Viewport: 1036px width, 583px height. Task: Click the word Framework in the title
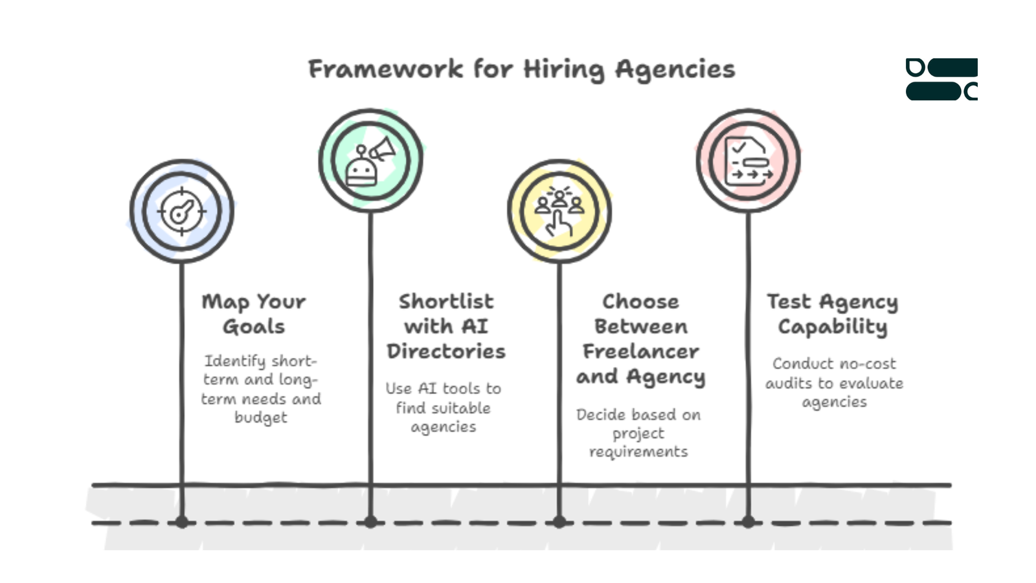pyautogui.click(x=386, y=69)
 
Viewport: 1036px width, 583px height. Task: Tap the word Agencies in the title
pyautogui.click(x=675, y=71)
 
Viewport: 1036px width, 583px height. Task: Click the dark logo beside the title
pyautogui.click(x=941, y=79)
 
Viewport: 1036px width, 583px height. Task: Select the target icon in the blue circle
pyautogui.click(x=182, y=211)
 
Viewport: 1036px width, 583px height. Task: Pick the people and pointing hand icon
pyautogui.click(x=559, y=211)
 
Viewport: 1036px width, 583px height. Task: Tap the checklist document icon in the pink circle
pyautogui.click(x=749, y=161)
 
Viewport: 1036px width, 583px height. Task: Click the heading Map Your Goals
pyautogui.click(x=254, y=314)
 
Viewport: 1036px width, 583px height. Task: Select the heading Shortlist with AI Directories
pyautogui.click(x=446, y=326)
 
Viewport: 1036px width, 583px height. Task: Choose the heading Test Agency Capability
pyautogui.click(x=833, y=315)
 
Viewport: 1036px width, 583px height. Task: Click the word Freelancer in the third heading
pyautogui.click(x=640, y=352)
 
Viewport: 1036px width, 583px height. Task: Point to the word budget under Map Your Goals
pyautogui.click(x=261, y=417)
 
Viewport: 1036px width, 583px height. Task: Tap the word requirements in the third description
pyautogui.click(x=638, y=452)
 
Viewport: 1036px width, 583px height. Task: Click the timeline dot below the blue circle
pyautogui.click(x=182, y=522)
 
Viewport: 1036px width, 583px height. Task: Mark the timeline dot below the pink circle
pyautogui.click(x=749, y=522)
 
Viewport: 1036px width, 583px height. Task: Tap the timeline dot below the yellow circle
pyautogui.click(x=559, y=522)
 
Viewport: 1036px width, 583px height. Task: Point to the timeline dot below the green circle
pyautogui.click(x=370, y=522)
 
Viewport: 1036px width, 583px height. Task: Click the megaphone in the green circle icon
pyautogui.click(x=383, y=149)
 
